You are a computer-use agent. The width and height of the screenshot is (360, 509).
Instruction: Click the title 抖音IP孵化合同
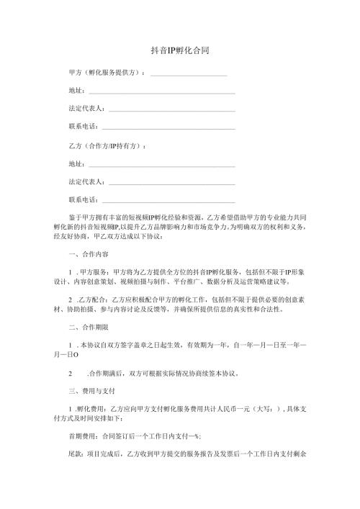pyautogui.click(x=179, y=51)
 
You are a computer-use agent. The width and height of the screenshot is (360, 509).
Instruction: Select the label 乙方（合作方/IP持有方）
pyautogui.click(x=103, y=146)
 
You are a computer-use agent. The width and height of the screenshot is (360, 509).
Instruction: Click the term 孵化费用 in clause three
pyautogui.click(x=91, y=410)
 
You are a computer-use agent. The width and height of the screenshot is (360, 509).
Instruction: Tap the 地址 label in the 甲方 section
pyautogui.click(x=75, y=91)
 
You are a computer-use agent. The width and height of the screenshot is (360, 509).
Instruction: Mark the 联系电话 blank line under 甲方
pyautogui.click(x=170, y=128)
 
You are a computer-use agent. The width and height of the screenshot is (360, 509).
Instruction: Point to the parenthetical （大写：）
pyautogui.click(x=271, y=410)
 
